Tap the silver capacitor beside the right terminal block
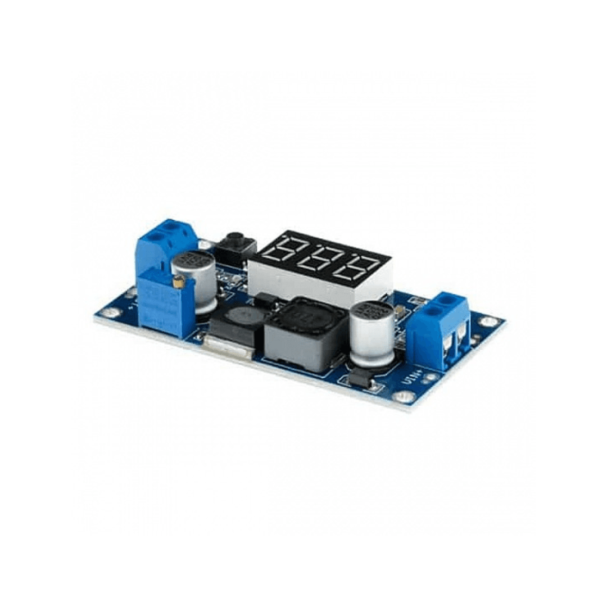click(373, 333)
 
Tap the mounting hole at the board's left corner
click(108, 312)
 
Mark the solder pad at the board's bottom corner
click(403, 396)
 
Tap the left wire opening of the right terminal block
click(447, 347)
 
